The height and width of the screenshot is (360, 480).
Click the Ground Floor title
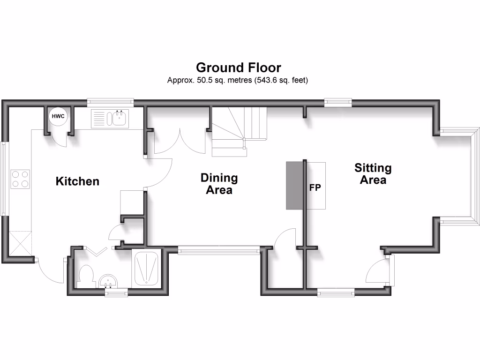[239, 67]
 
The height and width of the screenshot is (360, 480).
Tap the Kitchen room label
[77, 181]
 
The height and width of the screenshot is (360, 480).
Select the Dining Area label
[219, 184]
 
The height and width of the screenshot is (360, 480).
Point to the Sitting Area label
[373, 173]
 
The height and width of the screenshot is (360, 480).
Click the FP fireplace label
[315, 187]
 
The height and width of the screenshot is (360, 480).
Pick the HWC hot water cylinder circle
[58, 116]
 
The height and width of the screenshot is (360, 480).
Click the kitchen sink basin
[119, 118]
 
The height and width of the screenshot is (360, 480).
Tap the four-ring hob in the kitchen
[20, 179]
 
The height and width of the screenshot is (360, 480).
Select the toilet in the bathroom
[85, 277]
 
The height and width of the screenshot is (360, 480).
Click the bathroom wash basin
[108, 281]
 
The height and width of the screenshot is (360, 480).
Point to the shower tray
[147, 269]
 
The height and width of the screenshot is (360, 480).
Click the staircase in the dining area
[239, 132]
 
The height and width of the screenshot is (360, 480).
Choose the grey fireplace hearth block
[294, 186]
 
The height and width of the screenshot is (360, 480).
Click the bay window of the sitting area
[460, 177]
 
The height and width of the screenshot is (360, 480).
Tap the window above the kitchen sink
[110, 103]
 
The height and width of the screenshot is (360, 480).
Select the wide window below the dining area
[219, 250]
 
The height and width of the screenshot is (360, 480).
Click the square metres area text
[238, 80]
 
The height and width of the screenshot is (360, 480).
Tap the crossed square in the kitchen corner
[20, 244]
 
